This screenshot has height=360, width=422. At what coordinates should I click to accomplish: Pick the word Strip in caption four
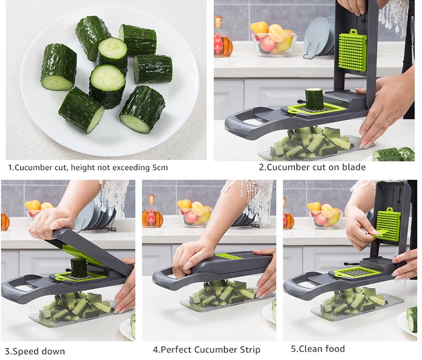[247, 349]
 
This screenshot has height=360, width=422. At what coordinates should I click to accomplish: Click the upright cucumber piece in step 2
[314, 99]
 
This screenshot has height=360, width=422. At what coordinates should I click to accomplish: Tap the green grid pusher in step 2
[352, 51]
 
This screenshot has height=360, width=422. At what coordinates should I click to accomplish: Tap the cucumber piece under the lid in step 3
[79, 268]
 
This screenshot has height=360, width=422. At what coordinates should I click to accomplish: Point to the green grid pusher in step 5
[389, 224]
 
